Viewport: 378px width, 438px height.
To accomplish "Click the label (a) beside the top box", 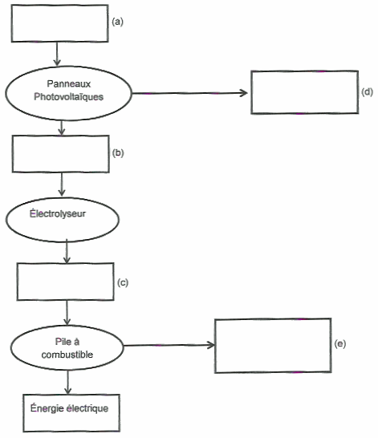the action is pos(117,22).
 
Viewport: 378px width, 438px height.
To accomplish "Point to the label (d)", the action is pos(367,91).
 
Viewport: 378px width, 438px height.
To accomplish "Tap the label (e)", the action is pos(340,343).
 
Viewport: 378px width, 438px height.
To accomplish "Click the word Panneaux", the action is pos(69,83).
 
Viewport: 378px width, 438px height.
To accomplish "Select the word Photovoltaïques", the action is pos(69,96).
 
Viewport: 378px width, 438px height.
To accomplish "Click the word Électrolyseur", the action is pos(58,213).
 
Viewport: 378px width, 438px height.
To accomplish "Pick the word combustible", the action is pos(67,355).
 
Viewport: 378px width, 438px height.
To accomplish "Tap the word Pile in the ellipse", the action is pos(62,342).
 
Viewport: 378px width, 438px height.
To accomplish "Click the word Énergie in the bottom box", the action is pos(47,408).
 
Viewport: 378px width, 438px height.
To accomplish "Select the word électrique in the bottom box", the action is pos(87,408).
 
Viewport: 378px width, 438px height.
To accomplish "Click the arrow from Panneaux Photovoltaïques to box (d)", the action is pos(189,93).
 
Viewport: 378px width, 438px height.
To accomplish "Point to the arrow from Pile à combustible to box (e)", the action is pos(169,345).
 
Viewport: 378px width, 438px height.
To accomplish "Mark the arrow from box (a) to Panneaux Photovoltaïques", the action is pos(57,55).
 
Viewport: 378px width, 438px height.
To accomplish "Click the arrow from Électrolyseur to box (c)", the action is pos(67,251).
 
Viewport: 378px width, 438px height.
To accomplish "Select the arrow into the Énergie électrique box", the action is pos(67,382).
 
